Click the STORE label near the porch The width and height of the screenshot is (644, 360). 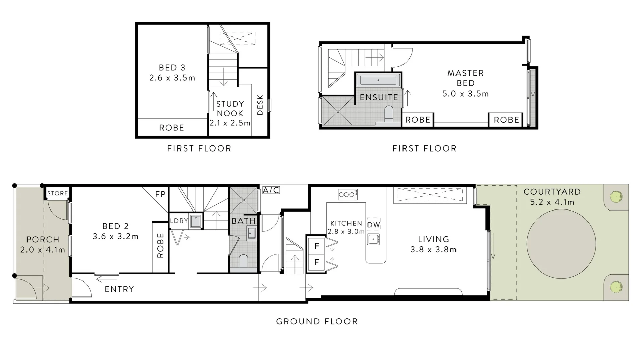pos(58,193)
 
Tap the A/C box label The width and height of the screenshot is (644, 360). pos(271,190)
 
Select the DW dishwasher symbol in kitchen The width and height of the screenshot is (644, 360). pos(373,225)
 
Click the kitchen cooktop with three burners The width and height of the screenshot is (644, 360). pos(347,194)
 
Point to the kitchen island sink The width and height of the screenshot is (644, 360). pos(373,239)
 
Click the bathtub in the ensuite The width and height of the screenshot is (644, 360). pos(378,80)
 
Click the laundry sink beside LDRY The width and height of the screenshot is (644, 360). pos(195,221)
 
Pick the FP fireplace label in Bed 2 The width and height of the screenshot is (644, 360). pos(160,194)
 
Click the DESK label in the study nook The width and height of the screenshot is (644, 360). pos(260,105)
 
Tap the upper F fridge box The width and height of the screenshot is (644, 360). pos(316,246)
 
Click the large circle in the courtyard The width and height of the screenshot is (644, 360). pos(561,244)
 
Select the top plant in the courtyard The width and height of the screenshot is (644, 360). pos(616,197)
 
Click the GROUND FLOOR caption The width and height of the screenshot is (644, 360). pos(317,321)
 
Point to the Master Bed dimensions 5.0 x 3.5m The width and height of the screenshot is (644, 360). pos(465,94)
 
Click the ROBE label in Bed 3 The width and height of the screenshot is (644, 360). pos(171,128)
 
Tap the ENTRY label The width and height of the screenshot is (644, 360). pos(119,289)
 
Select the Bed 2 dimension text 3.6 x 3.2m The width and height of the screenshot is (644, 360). pos(115,236)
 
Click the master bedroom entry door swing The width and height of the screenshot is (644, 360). pos(402,58)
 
